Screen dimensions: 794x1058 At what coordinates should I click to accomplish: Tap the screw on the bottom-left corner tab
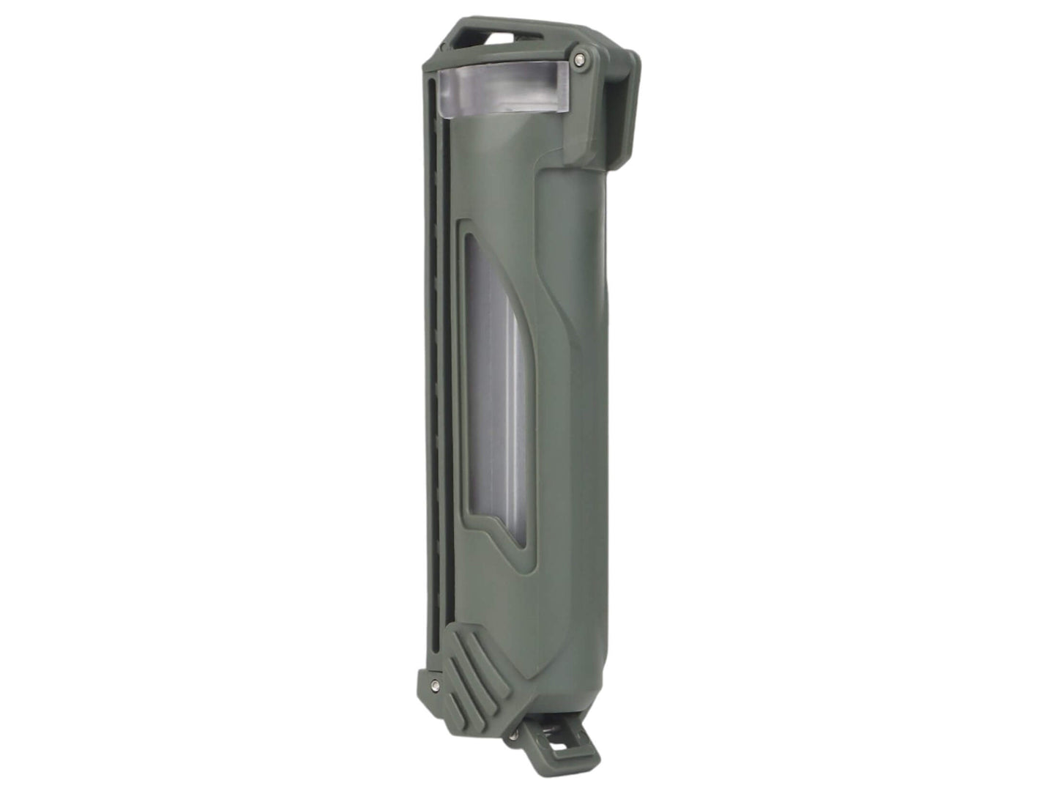point(436,684)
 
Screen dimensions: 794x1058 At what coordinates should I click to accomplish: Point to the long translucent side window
point(496,396)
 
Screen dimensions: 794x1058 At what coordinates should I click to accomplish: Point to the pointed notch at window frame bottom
point(489,525)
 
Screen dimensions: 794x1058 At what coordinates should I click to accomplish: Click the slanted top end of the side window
point(476,249)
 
